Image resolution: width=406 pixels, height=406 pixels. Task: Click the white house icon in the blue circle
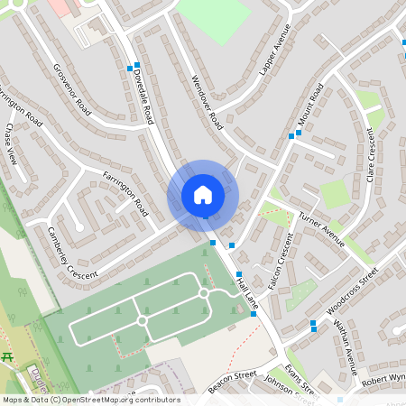[203, 194]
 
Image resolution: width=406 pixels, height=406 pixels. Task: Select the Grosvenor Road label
[73, 88]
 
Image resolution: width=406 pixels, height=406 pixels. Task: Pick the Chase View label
[10, 144]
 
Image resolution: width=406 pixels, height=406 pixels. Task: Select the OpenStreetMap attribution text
[90, 399]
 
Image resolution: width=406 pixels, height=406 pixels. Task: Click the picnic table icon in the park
[7, 358]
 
